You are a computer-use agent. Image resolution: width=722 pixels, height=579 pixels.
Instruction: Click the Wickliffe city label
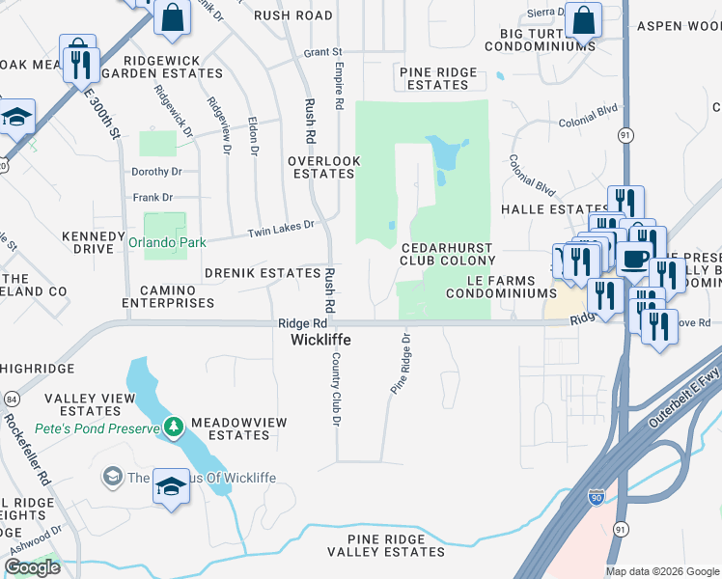pyautogui.click(x=321, y=341)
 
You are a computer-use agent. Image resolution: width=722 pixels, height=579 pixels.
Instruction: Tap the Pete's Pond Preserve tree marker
pyautogui.click(x=174, y=427)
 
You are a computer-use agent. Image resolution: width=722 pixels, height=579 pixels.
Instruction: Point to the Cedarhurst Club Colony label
pyautogui.click(x=448, y=254)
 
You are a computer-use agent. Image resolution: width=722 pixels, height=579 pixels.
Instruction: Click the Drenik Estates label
pyautogui.click(x=262, y=273)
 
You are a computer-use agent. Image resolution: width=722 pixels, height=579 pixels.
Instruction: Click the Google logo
pyautogui.click(x=32, y=567)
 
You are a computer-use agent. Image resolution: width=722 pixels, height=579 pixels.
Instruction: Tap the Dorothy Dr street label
pyautogui.click(x=157, y=172)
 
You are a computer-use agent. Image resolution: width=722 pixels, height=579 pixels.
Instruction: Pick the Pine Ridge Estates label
pyautogui.click(x=437, y=78)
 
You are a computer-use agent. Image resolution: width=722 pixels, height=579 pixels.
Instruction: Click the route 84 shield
pyautogui.click(x=12, y=398)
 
